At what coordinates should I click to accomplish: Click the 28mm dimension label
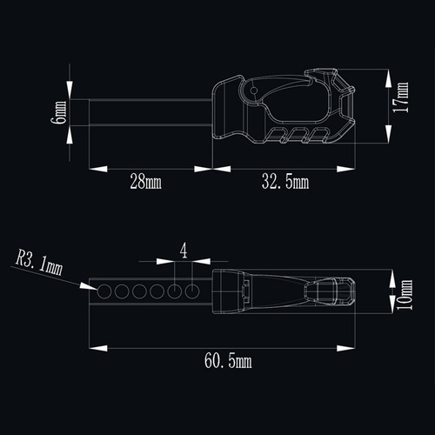pos(145,181)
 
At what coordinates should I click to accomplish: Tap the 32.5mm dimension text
pos(285,182)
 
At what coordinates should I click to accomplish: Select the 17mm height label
pos(401,97)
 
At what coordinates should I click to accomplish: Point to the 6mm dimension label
pos(58,112)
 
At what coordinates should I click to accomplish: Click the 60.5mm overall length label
pos(228,361)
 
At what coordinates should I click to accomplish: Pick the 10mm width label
pos(405,294)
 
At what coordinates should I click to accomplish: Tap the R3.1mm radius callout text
pos(39,263)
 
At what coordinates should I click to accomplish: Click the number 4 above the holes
pos(184,251)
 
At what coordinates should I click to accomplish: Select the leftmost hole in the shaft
pos(104,291)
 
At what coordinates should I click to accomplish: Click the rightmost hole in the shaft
pos(192,291)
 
